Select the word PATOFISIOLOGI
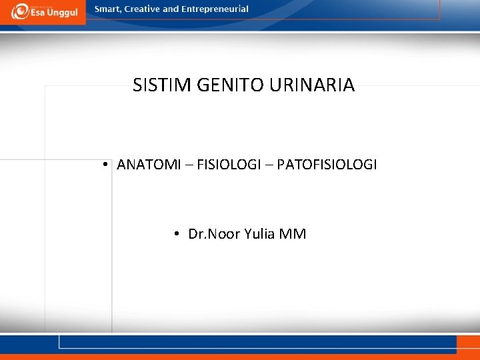[327, 165]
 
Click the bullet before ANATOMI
[106, 165]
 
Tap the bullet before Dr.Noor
[177, 234]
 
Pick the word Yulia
[261, 234]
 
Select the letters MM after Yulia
[293, 234]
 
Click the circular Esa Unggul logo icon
[20, 11]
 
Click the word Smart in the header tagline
[108, 9]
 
